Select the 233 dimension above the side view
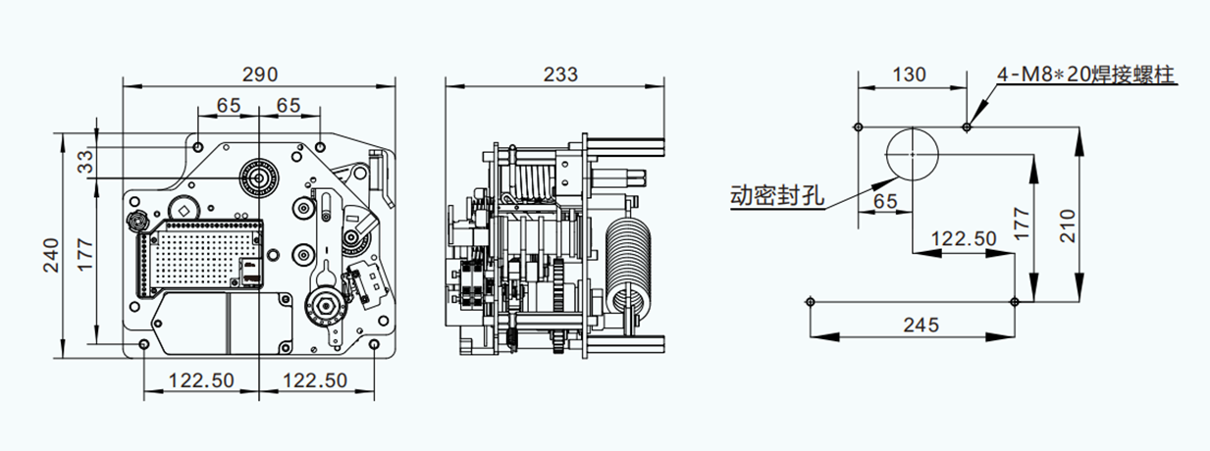pyautogui.click(x=559, y=75)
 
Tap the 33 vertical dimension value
pyautogui.click(x=85, y=161)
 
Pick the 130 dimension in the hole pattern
pyautogui.click(x=909, y=75)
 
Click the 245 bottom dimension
pyautogui.click(x=921, y=325)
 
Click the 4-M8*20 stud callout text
pyautogui.click(x=1085, y=75)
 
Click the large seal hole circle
pyautogui.click(x=913, y=154)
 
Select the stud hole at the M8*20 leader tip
pyautogui.click(x=967, y=126)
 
